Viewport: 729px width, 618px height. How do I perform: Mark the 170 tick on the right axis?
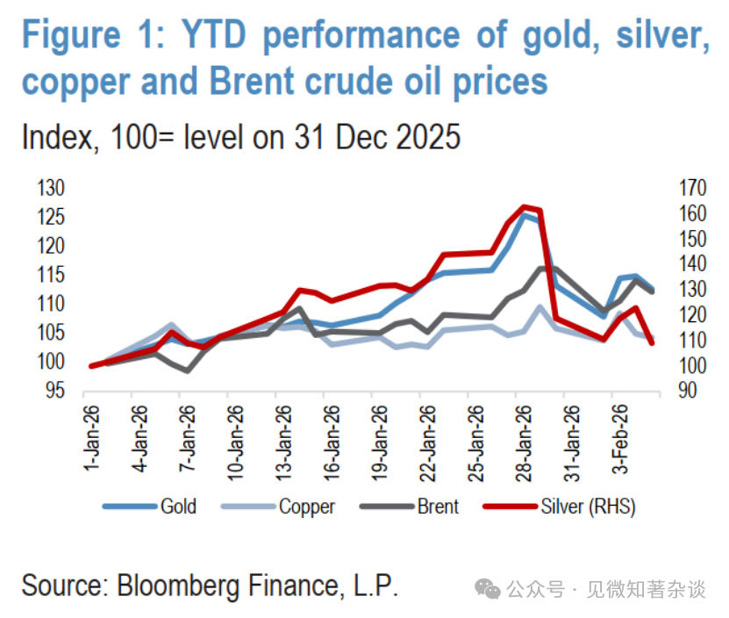point(693,189)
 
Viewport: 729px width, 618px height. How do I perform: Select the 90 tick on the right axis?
point(688,392)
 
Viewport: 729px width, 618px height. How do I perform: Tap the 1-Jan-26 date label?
point(90,436)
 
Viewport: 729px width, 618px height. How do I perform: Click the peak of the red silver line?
point(525,207)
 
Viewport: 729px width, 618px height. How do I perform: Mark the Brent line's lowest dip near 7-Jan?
point(187,370)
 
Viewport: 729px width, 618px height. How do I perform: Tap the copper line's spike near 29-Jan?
point(540,306)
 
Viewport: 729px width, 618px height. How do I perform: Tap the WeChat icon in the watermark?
point(489,589)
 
